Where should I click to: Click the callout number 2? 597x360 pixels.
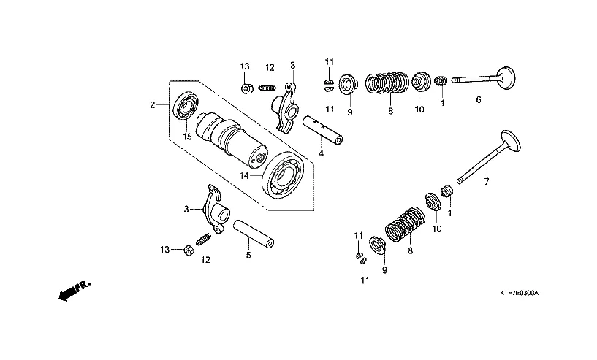(152, 105)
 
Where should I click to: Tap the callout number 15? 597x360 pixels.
(187, 136)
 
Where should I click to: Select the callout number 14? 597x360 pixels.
(246, 176)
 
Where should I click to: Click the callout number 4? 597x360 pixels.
(320, 153)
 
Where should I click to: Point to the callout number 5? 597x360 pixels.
(248, 255)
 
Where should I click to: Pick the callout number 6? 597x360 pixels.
(479, 99)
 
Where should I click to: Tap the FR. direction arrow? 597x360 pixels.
(70, 291)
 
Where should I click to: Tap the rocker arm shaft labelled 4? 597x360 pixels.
(327, 129)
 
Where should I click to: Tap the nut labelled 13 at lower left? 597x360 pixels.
(186, 250)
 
